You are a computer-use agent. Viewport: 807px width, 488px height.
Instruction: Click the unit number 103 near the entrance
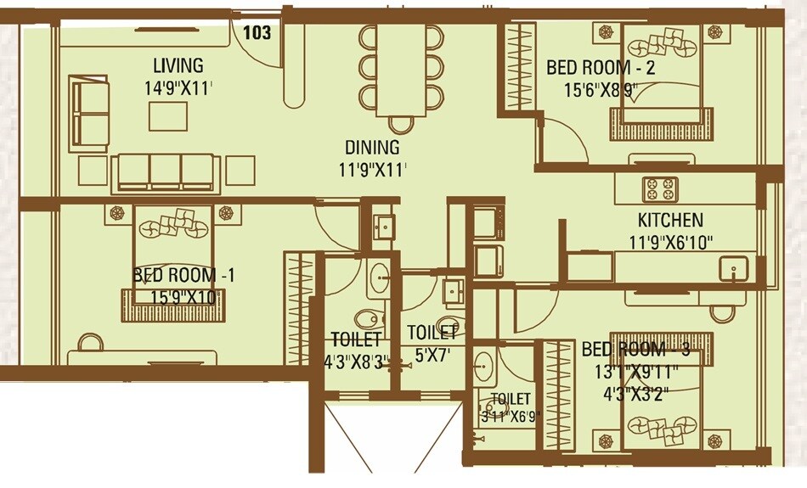coord(257,33)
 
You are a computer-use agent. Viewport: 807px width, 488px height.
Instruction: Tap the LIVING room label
coord(178,65)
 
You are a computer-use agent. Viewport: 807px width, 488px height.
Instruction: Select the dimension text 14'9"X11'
coord(178,87)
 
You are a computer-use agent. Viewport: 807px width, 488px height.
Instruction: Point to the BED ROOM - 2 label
coord(601,67)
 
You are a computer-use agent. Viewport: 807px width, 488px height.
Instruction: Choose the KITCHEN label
coord(670,221)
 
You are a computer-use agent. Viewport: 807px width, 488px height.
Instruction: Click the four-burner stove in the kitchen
coord(659,188)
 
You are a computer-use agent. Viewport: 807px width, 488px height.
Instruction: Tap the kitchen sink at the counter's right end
coord(731,270)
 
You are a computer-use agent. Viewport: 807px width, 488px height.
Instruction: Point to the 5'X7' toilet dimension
coord(431,357)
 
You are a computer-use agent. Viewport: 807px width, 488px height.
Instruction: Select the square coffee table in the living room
coord(167,116)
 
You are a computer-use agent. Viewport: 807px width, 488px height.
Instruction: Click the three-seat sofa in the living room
coord(167,173)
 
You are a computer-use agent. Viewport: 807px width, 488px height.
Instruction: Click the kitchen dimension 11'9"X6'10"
coord(670,241)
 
